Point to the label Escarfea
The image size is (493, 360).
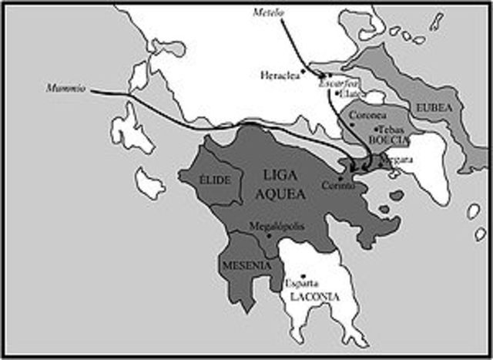[334, 83]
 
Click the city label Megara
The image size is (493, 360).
[400, 159]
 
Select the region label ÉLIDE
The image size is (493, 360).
[210, 180]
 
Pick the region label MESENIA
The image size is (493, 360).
[246, 265]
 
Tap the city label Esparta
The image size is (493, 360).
[300, 282]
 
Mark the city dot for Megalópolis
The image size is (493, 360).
[268, 235]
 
